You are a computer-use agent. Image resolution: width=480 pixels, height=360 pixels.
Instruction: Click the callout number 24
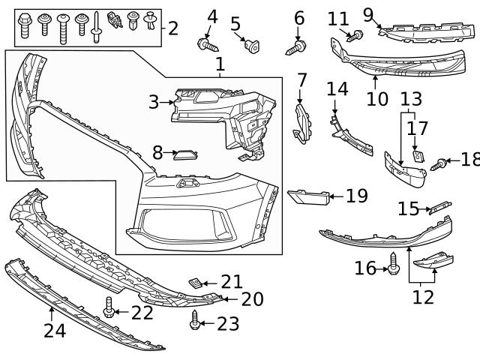(x=55, y=329)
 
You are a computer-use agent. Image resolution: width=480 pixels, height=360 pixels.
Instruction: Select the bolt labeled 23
(x=195, y=321)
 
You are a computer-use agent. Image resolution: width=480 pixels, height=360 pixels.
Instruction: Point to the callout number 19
(x=356, y=196)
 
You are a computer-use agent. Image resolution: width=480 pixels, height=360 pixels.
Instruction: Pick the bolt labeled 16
(x=393, y=262)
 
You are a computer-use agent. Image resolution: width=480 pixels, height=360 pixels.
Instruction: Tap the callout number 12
(x=423, y=297)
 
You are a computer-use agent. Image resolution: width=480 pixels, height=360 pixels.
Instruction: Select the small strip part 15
(x=437, y=207)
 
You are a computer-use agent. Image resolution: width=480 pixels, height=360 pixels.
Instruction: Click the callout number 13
(x=411, y=98)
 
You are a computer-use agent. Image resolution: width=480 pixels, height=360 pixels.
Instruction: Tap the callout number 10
(x=377, y=98)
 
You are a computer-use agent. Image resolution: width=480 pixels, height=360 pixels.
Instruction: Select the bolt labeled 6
(x=296, y=47)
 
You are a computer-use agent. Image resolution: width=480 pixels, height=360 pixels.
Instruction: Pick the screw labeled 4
(x=205, y=46)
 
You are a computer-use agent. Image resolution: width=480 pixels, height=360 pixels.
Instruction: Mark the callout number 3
(x=154, y=102)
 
